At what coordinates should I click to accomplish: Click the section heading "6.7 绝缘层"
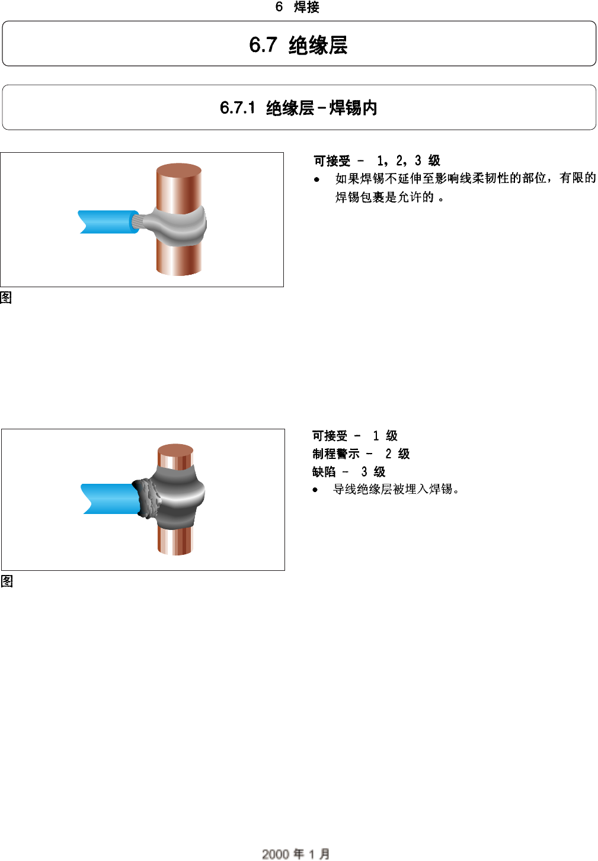pos(298,45)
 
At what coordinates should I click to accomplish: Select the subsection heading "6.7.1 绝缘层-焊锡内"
pos(298,108)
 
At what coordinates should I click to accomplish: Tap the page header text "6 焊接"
pos(298,7)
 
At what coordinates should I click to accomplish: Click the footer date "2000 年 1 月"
pos(296,853)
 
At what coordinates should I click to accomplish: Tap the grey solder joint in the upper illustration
pos(178,226)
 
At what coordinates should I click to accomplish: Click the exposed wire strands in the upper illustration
pos(137,221)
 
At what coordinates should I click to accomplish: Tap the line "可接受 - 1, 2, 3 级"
pos(377,160)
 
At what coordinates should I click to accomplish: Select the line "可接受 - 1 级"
pos(354,436)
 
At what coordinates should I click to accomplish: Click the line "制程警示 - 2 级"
pos(361,454)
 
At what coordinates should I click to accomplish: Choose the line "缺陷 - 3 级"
pos(348,471)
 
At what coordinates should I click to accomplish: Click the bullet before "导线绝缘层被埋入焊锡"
pos(315,490)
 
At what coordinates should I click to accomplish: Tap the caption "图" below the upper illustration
pos(6,297)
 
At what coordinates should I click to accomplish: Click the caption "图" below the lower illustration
pos(7,581)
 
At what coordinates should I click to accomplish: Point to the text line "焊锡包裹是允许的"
pos(389,197)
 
